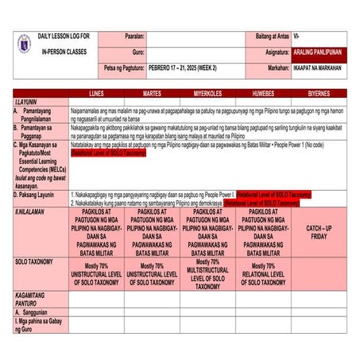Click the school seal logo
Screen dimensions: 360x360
25,45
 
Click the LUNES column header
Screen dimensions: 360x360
96,93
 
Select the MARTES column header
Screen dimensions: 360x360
152,93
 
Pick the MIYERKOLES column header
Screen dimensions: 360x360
208,93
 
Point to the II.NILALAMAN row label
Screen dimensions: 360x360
33,213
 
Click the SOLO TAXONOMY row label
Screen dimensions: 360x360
37,261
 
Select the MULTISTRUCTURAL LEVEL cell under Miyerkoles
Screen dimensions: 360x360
208,274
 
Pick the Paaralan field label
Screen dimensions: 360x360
134,37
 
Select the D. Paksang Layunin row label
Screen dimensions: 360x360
36,194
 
